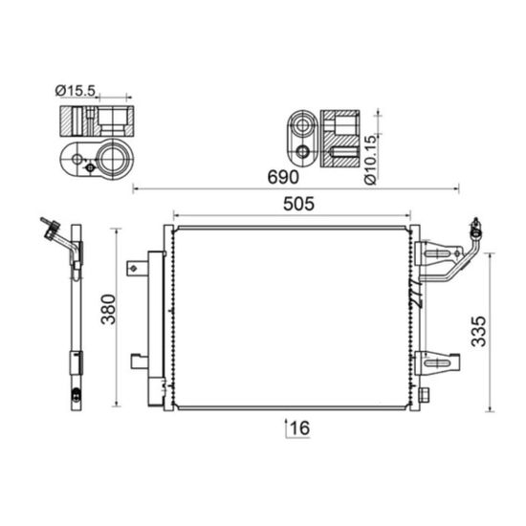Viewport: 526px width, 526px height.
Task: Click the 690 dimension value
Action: pos(283,177)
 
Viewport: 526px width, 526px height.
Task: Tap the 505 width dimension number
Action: pos(298,204)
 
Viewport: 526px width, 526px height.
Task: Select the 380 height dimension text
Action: pos(108,309)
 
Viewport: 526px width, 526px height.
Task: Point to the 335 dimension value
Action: pos(478,331)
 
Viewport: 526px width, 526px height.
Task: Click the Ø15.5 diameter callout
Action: pos(76,91)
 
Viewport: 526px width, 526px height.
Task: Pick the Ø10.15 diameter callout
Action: pos(370,160)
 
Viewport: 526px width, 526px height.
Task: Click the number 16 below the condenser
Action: pos(300,427)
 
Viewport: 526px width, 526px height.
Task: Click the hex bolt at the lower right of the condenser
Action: pos(424,394)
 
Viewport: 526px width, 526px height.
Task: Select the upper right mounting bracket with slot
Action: pos(438,254)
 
